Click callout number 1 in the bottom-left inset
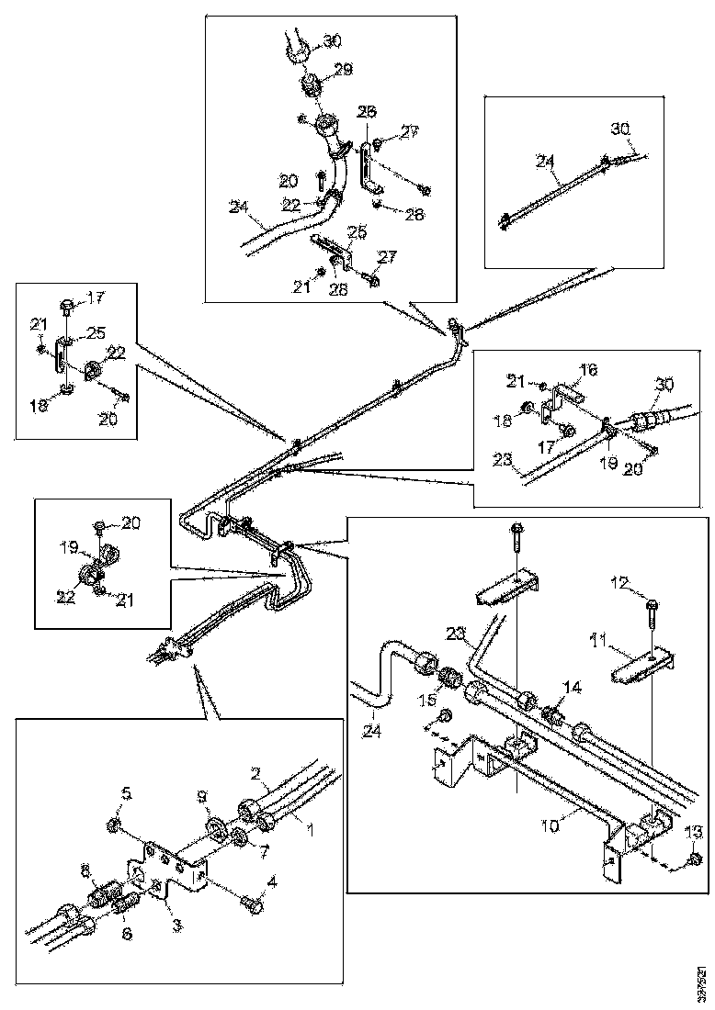coord(310,830)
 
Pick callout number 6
coord(127,934)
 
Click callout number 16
coord(588,370)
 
